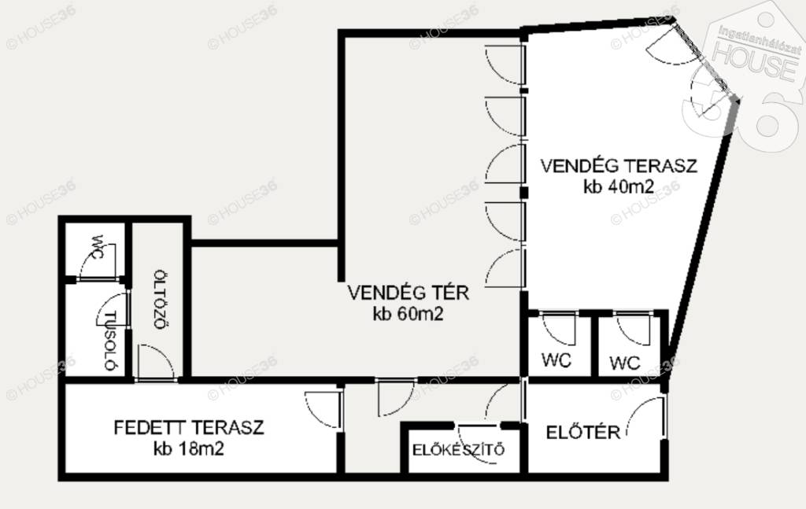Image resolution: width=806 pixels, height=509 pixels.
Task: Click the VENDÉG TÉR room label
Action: tap(409, 293)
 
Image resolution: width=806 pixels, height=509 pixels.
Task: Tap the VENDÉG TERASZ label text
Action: tap(619, 166)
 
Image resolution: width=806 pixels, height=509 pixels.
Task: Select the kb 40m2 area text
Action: tap(619, 186)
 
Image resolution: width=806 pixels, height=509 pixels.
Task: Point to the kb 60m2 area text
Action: tap(409, 314)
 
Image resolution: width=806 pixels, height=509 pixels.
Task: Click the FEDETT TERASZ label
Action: tap(189, 427)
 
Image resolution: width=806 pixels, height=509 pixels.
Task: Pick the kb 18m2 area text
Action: tap(189, 449)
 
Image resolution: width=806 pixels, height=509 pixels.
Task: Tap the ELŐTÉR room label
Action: tap(583, 432)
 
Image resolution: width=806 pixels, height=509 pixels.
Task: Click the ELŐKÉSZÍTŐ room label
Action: tap(459, 450)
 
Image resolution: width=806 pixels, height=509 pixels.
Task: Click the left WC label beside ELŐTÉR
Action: tap(556, 360)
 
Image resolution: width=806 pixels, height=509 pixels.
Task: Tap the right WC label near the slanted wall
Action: tap(625, 363)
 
